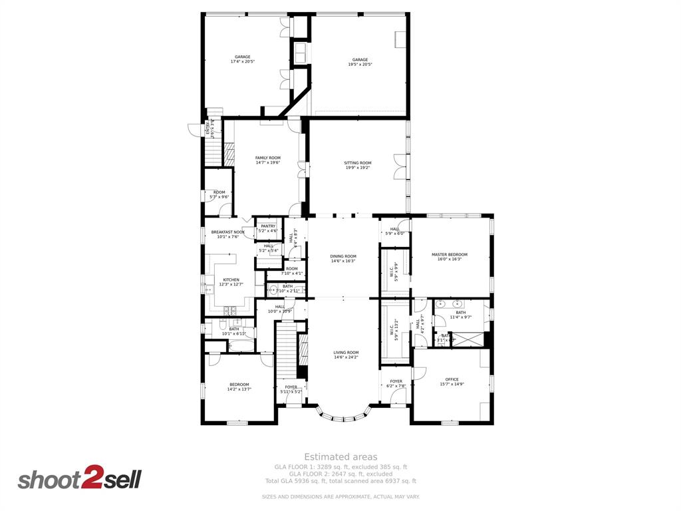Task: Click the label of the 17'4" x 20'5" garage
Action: point(242,59)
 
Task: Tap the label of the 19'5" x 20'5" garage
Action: point(360,62)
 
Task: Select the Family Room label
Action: point(268,160)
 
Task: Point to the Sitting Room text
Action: point(358,165)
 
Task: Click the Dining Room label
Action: point(343,258)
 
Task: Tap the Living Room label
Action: point(346,355)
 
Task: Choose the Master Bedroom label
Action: point(449,257)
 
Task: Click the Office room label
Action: point(452,382)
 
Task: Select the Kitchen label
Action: point(231,282)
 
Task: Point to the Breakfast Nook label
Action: point(228,234)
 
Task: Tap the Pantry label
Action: point(268,228)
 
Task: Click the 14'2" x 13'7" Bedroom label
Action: point(239,387)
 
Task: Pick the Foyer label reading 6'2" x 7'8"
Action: point(396,384)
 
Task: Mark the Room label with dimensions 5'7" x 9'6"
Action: point(219,194)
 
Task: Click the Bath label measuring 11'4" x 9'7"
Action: point(461,315)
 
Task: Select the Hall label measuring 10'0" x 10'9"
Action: point(279,309)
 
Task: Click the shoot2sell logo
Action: point(79,480)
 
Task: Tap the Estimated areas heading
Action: point(340,457)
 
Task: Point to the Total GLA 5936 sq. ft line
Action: point(340,480)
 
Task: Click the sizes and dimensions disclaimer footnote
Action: point(340,497)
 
